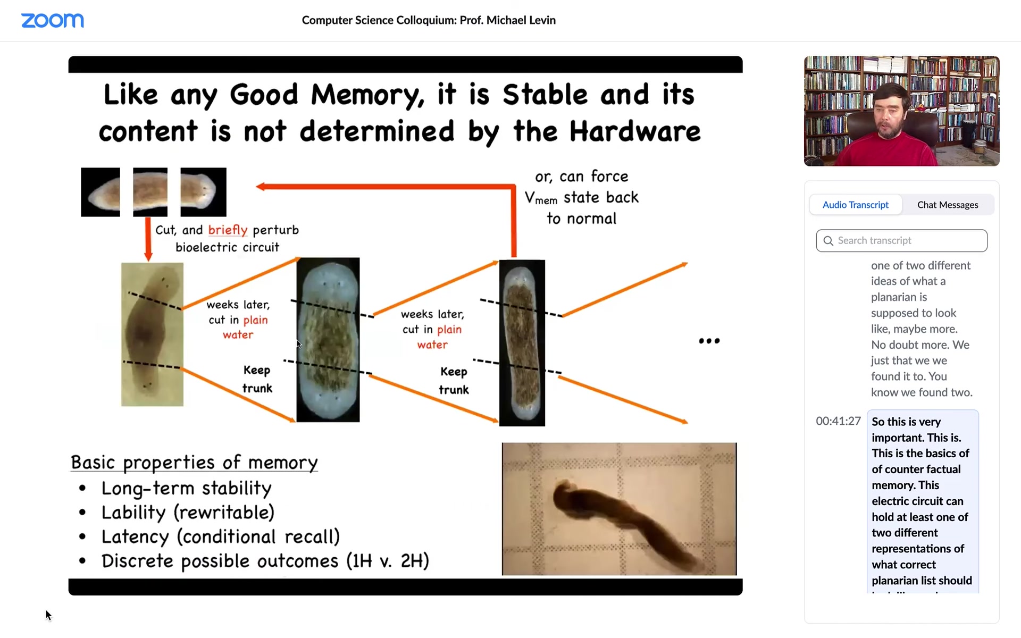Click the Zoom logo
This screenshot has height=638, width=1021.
point(52,20)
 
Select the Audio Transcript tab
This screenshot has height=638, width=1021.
point(855,205)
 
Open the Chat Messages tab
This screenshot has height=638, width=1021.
point(948,205)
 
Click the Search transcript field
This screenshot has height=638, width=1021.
point(901,241)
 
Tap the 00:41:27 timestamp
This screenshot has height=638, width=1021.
point(838,421)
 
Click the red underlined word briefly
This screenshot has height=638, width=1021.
point(228,230)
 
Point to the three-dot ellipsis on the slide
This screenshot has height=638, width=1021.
point(709,341)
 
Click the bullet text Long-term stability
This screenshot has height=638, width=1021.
point(186,488)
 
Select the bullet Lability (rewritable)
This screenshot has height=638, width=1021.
point(188,513)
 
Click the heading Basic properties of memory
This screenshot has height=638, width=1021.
point(194,463)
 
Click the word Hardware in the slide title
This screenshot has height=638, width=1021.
point(635,131)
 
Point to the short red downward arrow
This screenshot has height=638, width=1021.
point(148,239)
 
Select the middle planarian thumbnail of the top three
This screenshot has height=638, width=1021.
point(150,192)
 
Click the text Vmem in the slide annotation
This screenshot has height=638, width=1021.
point(541,198)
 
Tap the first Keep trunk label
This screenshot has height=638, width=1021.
point(257,379)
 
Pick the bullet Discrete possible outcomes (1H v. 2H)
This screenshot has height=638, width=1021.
point(265,561)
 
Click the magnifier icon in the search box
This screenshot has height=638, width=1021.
point(828,241)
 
